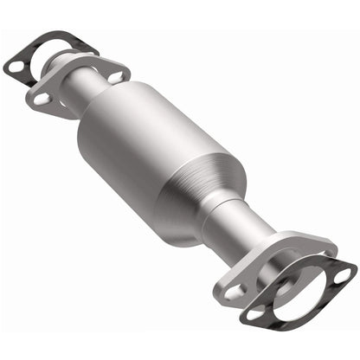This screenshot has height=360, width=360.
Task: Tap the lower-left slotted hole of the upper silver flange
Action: pos(41,100)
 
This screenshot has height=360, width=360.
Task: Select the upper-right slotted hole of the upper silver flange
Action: pos(115,77)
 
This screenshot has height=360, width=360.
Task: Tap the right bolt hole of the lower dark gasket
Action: pos(344,275)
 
